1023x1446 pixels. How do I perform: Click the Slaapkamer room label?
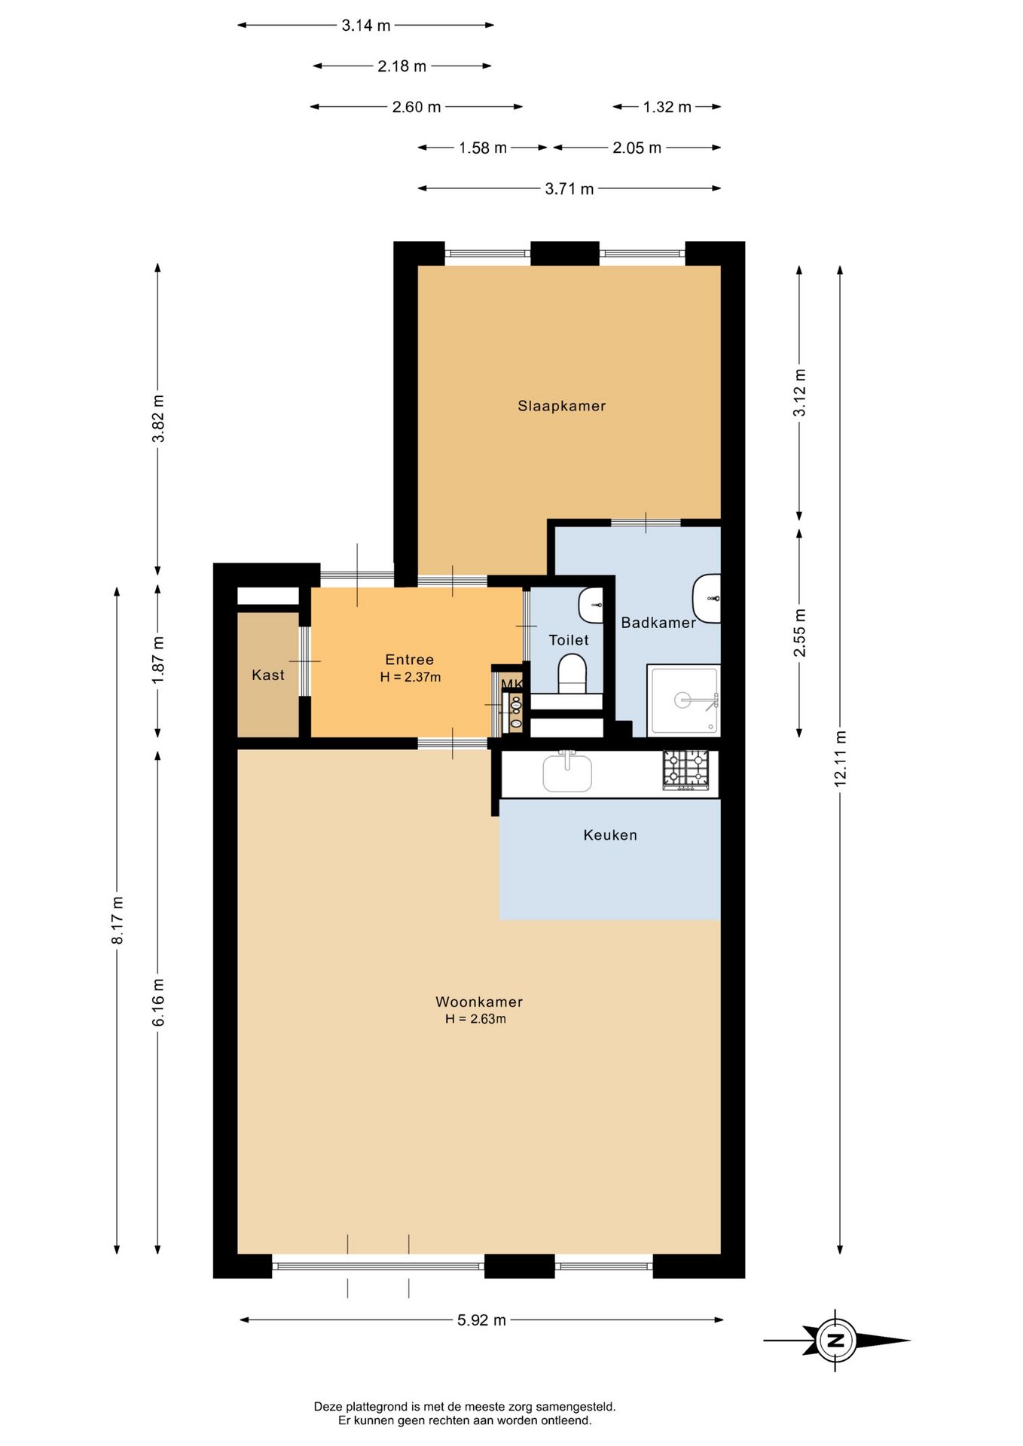[x=561, y=406]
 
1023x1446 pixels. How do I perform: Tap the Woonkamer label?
[x=479, y=1002]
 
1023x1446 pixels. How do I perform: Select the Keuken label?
[x=610, y=834]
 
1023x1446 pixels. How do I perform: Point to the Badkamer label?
[x=658, y=622]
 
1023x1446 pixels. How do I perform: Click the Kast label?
[x=268, y=675]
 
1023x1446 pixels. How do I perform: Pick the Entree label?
[x=410, y=660]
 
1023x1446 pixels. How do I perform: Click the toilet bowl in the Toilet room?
[x=573, y=673]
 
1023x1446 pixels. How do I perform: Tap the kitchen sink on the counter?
[x=567, y=772]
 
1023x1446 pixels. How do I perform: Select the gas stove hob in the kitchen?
[x=686, y=770]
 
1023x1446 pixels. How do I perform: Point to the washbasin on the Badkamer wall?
[x=707, y=598]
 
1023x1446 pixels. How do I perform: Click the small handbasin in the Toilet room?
[x=591, y=606]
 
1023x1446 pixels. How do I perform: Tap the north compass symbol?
[x=836, y=1340]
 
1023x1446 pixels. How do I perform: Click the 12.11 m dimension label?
[x=841, y=758]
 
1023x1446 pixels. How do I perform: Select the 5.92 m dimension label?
[x=481, y=1320]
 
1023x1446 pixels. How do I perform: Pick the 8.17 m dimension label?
[x=118, y=920]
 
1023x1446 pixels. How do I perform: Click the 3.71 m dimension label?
[x=570, y=188]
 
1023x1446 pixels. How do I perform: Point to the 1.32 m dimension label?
[x=667, y=107]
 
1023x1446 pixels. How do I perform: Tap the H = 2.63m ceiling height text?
[x=475, y=1019]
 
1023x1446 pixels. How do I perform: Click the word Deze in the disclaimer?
[x=328, y=1406]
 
